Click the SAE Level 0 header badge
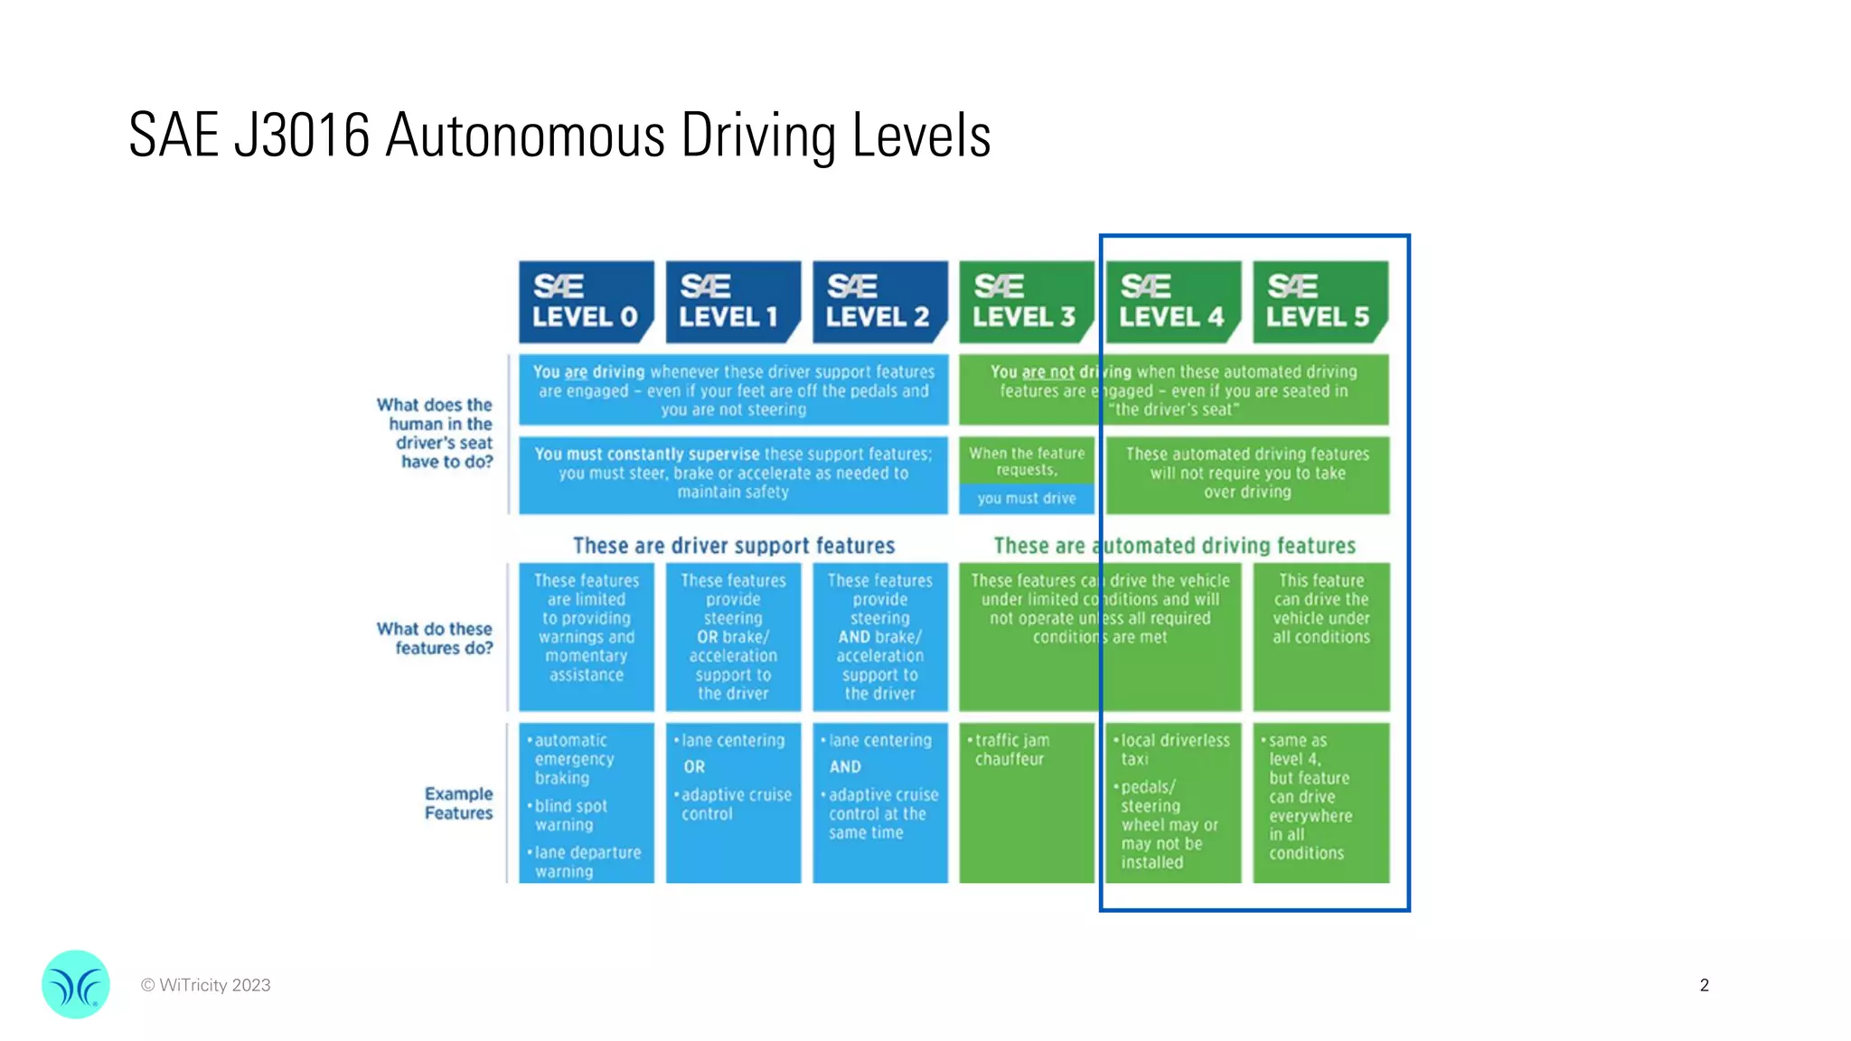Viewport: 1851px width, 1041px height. [586, 302]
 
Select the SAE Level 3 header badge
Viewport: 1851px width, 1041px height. [1026, 302]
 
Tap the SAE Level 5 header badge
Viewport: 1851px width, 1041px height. [1320, 302]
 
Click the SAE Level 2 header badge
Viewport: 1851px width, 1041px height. [879, 302]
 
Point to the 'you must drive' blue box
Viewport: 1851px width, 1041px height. [1026, 498]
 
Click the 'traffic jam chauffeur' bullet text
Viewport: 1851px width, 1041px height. [1011, 750]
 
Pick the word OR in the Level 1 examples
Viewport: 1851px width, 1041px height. [694, 767]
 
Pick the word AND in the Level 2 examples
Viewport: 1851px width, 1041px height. [845, 767]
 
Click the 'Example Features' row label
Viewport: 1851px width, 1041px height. [458, 803]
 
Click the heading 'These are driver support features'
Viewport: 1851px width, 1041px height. [733, 546]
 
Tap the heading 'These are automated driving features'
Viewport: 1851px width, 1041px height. [1174, 546]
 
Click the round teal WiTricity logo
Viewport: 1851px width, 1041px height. [76, 984]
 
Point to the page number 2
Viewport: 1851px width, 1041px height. [1704, 985]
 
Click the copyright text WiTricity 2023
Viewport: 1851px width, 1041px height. [206, 985]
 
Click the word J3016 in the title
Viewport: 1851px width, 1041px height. [302, 136]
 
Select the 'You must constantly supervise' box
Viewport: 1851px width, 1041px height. [733, 474]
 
